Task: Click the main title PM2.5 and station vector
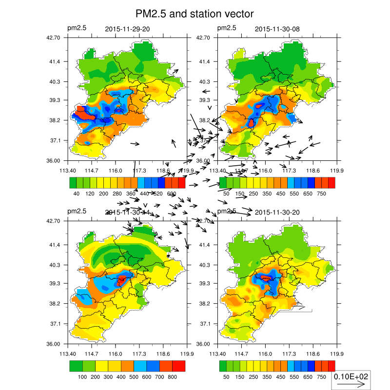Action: pyautogui.click(x=195, y=14)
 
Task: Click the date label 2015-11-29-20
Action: pyautogui.click(x=128, y=29)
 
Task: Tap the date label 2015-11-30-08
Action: pyautogui.click(x=277, y=29)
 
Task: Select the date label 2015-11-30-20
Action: pyautogui.click(x=277, y=213)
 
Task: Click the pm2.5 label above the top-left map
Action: pyautogui.click(x=77, y=28)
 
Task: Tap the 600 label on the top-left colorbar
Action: pyautogui.click(x=172, y=194)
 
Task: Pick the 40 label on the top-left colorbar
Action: pyautogui.click(x=77, y=194)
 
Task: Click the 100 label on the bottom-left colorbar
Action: pyautogui.click(x=82, y=377)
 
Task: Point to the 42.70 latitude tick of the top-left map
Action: pyautogui.click(x=53, y=38)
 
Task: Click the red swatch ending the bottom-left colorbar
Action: pyautogui.click(x=179, y=366)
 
